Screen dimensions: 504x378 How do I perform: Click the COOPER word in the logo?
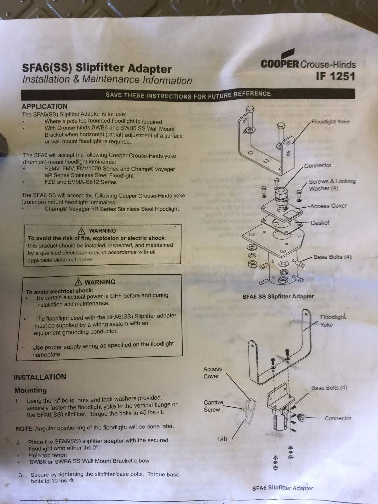(279, 64)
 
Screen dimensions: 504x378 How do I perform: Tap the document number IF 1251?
(335, 77)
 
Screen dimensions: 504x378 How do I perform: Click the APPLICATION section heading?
(44, 106)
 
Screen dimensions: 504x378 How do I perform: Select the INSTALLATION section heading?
(40, 377)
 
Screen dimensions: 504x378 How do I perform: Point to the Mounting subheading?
(31, 390)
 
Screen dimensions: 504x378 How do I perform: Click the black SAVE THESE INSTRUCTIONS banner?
(188, 94)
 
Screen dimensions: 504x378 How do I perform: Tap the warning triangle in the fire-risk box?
(82, 231)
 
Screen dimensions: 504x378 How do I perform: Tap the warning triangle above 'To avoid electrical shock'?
(78, 282)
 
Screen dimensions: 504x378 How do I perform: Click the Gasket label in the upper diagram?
(320, 223)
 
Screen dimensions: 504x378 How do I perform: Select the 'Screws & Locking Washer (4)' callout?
(332, 185)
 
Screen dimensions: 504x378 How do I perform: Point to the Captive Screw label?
(213, 406)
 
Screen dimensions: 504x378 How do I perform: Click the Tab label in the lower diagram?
(222, 439)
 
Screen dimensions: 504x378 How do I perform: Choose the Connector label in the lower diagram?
(338, 418)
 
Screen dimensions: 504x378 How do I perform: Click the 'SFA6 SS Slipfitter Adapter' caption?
(278, 297)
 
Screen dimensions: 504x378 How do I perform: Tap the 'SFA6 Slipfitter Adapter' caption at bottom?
(283, 488)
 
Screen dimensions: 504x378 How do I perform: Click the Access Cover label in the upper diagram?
(328, 206)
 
